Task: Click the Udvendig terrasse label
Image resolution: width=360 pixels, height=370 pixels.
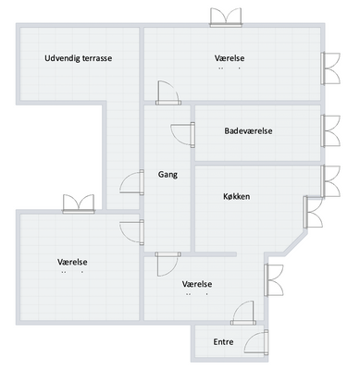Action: [x=79, y=58]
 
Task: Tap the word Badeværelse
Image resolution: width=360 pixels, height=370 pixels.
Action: [x=248, y=131]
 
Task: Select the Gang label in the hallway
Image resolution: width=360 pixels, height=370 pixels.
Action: [x=168, y=175]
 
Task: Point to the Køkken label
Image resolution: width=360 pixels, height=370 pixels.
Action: [x=237, y=196]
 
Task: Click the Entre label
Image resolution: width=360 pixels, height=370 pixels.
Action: [x=223, y=342]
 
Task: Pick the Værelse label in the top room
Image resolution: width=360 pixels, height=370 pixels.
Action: [x=230, y=58]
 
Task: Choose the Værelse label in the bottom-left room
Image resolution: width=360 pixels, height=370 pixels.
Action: [x=72, y=262]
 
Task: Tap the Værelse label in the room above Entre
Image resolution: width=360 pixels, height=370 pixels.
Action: [x=197, y=284]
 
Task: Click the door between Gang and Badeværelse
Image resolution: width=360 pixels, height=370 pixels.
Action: [x=183, y=135]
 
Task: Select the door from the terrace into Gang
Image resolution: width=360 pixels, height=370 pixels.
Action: [x=132, y=182]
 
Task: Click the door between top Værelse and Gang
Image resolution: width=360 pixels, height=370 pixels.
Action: [x=168, y=92]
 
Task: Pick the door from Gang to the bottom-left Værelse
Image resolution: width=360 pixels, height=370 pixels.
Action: [x=132, y=232]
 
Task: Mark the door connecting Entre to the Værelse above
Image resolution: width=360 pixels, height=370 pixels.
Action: [x=243, y=313]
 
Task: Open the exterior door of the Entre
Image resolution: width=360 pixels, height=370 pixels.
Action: [x=256, y=341]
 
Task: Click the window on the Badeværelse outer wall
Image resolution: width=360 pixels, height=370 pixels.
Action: [x=330, y=131]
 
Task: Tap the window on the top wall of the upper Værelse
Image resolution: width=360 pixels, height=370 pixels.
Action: [x=226, y=18]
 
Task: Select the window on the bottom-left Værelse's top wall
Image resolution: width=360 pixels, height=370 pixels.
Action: [x=79, y=203]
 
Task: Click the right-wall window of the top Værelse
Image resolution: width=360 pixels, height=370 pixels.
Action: [x=330, y=68]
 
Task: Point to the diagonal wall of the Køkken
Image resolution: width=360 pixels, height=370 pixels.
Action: [x=295, y=244]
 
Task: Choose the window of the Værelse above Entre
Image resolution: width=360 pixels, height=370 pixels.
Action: [x=274, y=280]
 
